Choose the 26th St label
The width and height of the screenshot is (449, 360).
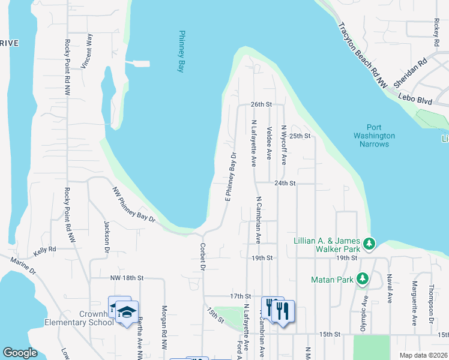262,104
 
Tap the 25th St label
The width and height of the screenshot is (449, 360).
300,136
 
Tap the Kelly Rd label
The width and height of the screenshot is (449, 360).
44,249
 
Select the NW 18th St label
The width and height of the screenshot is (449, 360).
127,278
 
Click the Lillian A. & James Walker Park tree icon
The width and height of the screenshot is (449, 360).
370,244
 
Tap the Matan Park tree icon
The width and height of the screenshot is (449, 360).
362,278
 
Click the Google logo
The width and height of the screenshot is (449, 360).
19,353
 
